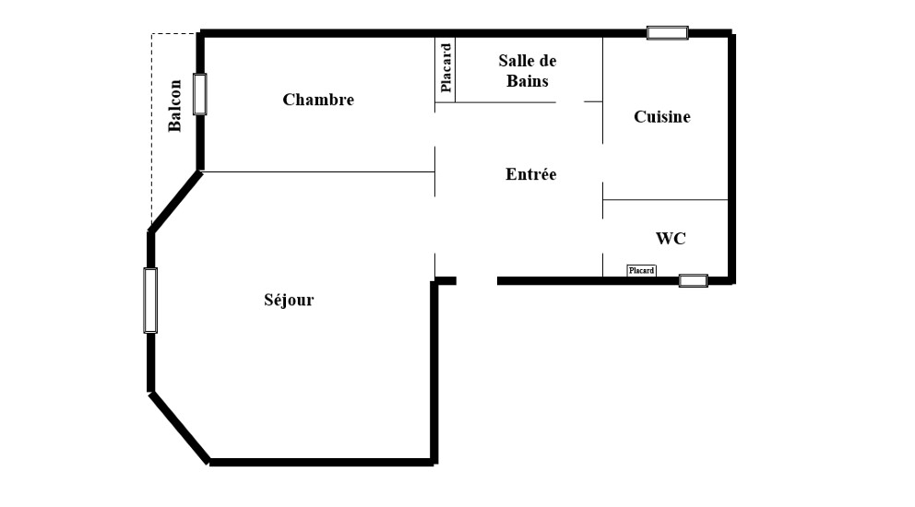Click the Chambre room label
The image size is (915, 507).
[318, 100]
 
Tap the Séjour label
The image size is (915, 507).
[289, 300]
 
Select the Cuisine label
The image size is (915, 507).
[661, 117]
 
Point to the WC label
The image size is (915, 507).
[671, 239]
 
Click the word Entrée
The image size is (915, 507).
[530, 174]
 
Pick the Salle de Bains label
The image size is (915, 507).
[528, 71]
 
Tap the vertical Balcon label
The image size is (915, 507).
[174, 106]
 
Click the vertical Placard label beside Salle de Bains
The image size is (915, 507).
[446, 67]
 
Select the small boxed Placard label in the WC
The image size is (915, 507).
[641, 271]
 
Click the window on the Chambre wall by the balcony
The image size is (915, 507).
[199, 94]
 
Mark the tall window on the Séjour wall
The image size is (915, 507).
[150, 301]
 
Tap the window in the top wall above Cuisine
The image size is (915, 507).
[668, 32]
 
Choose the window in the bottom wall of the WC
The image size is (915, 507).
[694, 280]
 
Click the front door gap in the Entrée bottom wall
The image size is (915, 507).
[477, 280]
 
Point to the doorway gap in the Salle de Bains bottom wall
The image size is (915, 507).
[569, 102]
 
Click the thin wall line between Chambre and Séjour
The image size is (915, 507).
[318, 171]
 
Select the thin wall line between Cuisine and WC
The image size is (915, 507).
[665, 199]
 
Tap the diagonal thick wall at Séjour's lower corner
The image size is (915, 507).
[180, 429]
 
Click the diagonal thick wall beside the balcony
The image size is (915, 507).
[175, 201]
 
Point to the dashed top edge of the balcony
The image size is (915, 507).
[174, 34]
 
